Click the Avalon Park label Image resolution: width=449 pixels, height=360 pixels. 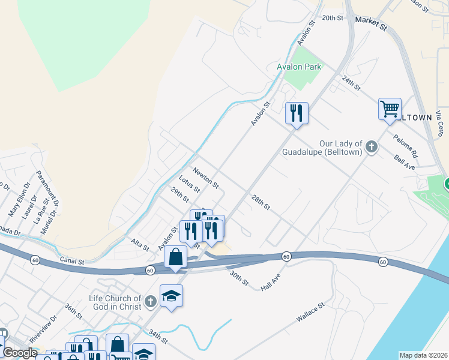[x=299, y=67]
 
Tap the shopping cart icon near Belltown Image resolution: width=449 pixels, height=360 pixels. [x=390, y=109]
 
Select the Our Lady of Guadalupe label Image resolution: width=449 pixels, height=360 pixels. [x=324, y=148]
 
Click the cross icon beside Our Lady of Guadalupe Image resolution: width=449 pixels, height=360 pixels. [x=372, y=145]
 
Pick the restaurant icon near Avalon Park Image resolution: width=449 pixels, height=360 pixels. [x=297, y=112]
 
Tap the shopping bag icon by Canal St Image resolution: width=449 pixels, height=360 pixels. [x=175, y=257]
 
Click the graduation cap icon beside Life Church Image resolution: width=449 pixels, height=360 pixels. [x=171, y=296]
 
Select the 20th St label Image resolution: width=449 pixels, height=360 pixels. [x=331, y=18]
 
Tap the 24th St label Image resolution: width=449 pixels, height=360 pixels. [x=351, y=83]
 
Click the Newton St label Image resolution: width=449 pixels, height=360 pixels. [x=206, y=178]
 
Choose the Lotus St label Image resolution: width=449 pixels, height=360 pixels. [x=189, y=184]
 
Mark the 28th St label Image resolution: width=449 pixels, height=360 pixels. [x=261, y=202]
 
